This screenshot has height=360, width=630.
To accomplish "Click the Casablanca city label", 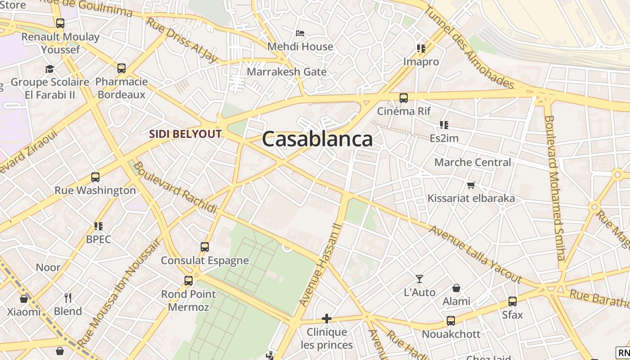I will [317, 139].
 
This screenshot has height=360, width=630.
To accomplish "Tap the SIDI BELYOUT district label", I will [185, 134].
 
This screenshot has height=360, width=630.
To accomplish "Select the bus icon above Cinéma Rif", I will [404, 98].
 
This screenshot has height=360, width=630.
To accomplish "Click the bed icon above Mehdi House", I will [300, 33].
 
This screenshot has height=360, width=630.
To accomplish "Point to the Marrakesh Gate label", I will [287, 72].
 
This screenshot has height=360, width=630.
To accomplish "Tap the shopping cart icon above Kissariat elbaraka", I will [471, 185].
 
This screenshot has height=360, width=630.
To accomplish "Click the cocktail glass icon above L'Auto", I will [419, 279].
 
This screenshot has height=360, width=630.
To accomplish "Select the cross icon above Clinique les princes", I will [327, 319].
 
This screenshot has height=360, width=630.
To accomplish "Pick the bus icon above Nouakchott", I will [451, 321].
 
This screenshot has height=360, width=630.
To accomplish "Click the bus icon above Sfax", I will [513, 301].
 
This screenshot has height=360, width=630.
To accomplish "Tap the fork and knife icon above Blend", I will [68, 298].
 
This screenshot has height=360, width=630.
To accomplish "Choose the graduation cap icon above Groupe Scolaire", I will [49, 69].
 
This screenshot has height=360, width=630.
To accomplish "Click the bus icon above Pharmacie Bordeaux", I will [121, 68].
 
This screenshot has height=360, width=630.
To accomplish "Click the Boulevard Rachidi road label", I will [175, 187].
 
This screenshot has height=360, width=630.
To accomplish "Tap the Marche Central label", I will [472, 162].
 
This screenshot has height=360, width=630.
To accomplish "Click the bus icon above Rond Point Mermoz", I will [189, 281].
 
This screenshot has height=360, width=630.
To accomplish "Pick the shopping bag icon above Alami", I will [456, 288].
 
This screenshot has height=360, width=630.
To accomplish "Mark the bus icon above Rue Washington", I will [95, 177].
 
